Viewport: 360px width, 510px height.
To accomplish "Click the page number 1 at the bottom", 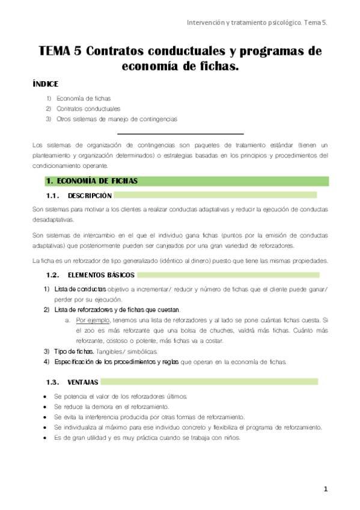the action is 325,490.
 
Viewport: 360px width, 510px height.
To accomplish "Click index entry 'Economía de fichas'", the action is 84,98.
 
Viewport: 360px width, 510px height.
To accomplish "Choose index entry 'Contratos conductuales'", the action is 88,109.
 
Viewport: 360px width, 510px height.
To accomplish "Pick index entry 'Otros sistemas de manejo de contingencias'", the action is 117,119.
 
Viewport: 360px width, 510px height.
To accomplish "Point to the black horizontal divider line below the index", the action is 180,134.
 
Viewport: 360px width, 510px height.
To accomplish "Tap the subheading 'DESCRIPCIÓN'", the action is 90,196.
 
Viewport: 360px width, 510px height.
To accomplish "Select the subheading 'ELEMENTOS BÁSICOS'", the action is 101,275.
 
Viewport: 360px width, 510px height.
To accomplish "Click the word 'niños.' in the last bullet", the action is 230,438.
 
